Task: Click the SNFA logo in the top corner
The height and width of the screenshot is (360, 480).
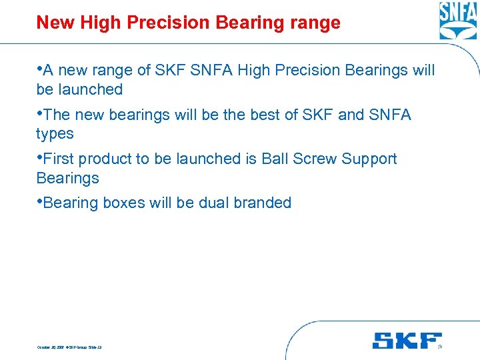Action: point(458,21)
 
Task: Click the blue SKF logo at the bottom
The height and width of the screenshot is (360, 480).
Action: point(407,341)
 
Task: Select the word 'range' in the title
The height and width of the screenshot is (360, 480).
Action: point(315,23)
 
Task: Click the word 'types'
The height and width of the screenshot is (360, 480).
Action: point(55,133)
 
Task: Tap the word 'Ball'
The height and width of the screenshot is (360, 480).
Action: point(274,159)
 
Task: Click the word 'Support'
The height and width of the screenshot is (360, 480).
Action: point(369,159)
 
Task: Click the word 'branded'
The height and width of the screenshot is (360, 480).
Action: point(264,203)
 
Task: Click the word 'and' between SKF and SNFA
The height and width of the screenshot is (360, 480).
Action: point(351,115)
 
